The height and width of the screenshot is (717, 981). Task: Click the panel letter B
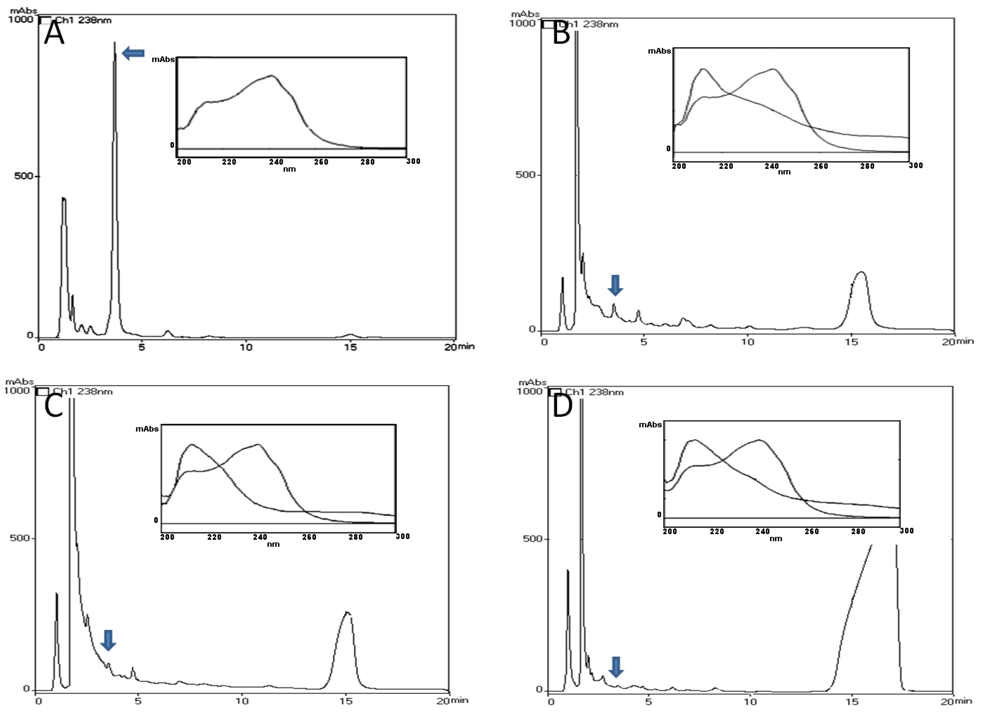point(561,33)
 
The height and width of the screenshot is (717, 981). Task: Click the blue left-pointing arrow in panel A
point(133,53)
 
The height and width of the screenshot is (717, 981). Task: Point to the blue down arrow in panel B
point(615,285)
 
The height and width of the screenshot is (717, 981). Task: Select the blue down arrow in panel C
point(108,640)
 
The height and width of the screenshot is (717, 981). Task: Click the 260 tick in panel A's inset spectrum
point(321,162)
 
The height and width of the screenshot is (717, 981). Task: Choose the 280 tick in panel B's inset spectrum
point(867,166)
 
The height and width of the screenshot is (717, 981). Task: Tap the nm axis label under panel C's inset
point(273,544)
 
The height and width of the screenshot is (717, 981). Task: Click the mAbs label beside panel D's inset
point(650,425)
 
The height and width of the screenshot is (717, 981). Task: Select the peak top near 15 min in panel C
point(346,613)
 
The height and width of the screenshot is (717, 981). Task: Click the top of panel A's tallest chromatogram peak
point(115,42)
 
